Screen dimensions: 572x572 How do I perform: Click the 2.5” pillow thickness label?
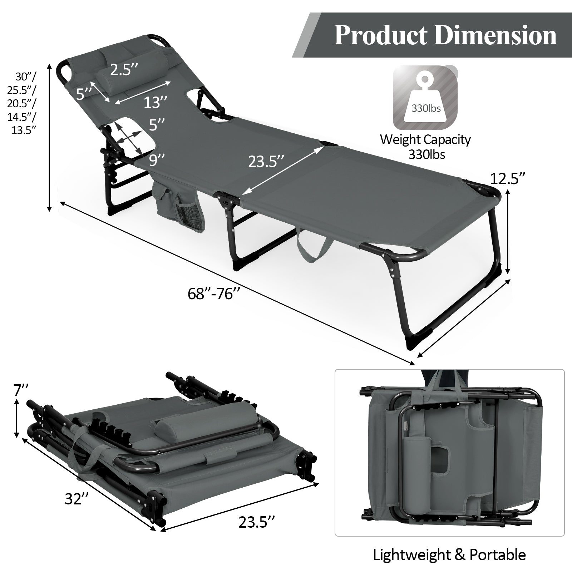click(124, 70)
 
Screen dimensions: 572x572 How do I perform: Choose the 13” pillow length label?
click(156, 103)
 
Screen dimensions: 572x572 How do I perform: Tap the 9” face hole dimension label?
click(157, 160)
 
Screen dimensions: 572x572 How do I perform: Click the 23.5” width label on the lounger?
click(266, 162)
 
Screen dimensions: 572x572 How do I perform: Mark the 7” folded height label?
click(20, 389)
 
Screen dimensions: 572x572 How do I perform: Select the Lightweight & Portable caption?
click(449, 555)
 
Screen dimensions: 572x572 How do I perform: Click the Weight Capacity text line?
click(425, 139)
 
